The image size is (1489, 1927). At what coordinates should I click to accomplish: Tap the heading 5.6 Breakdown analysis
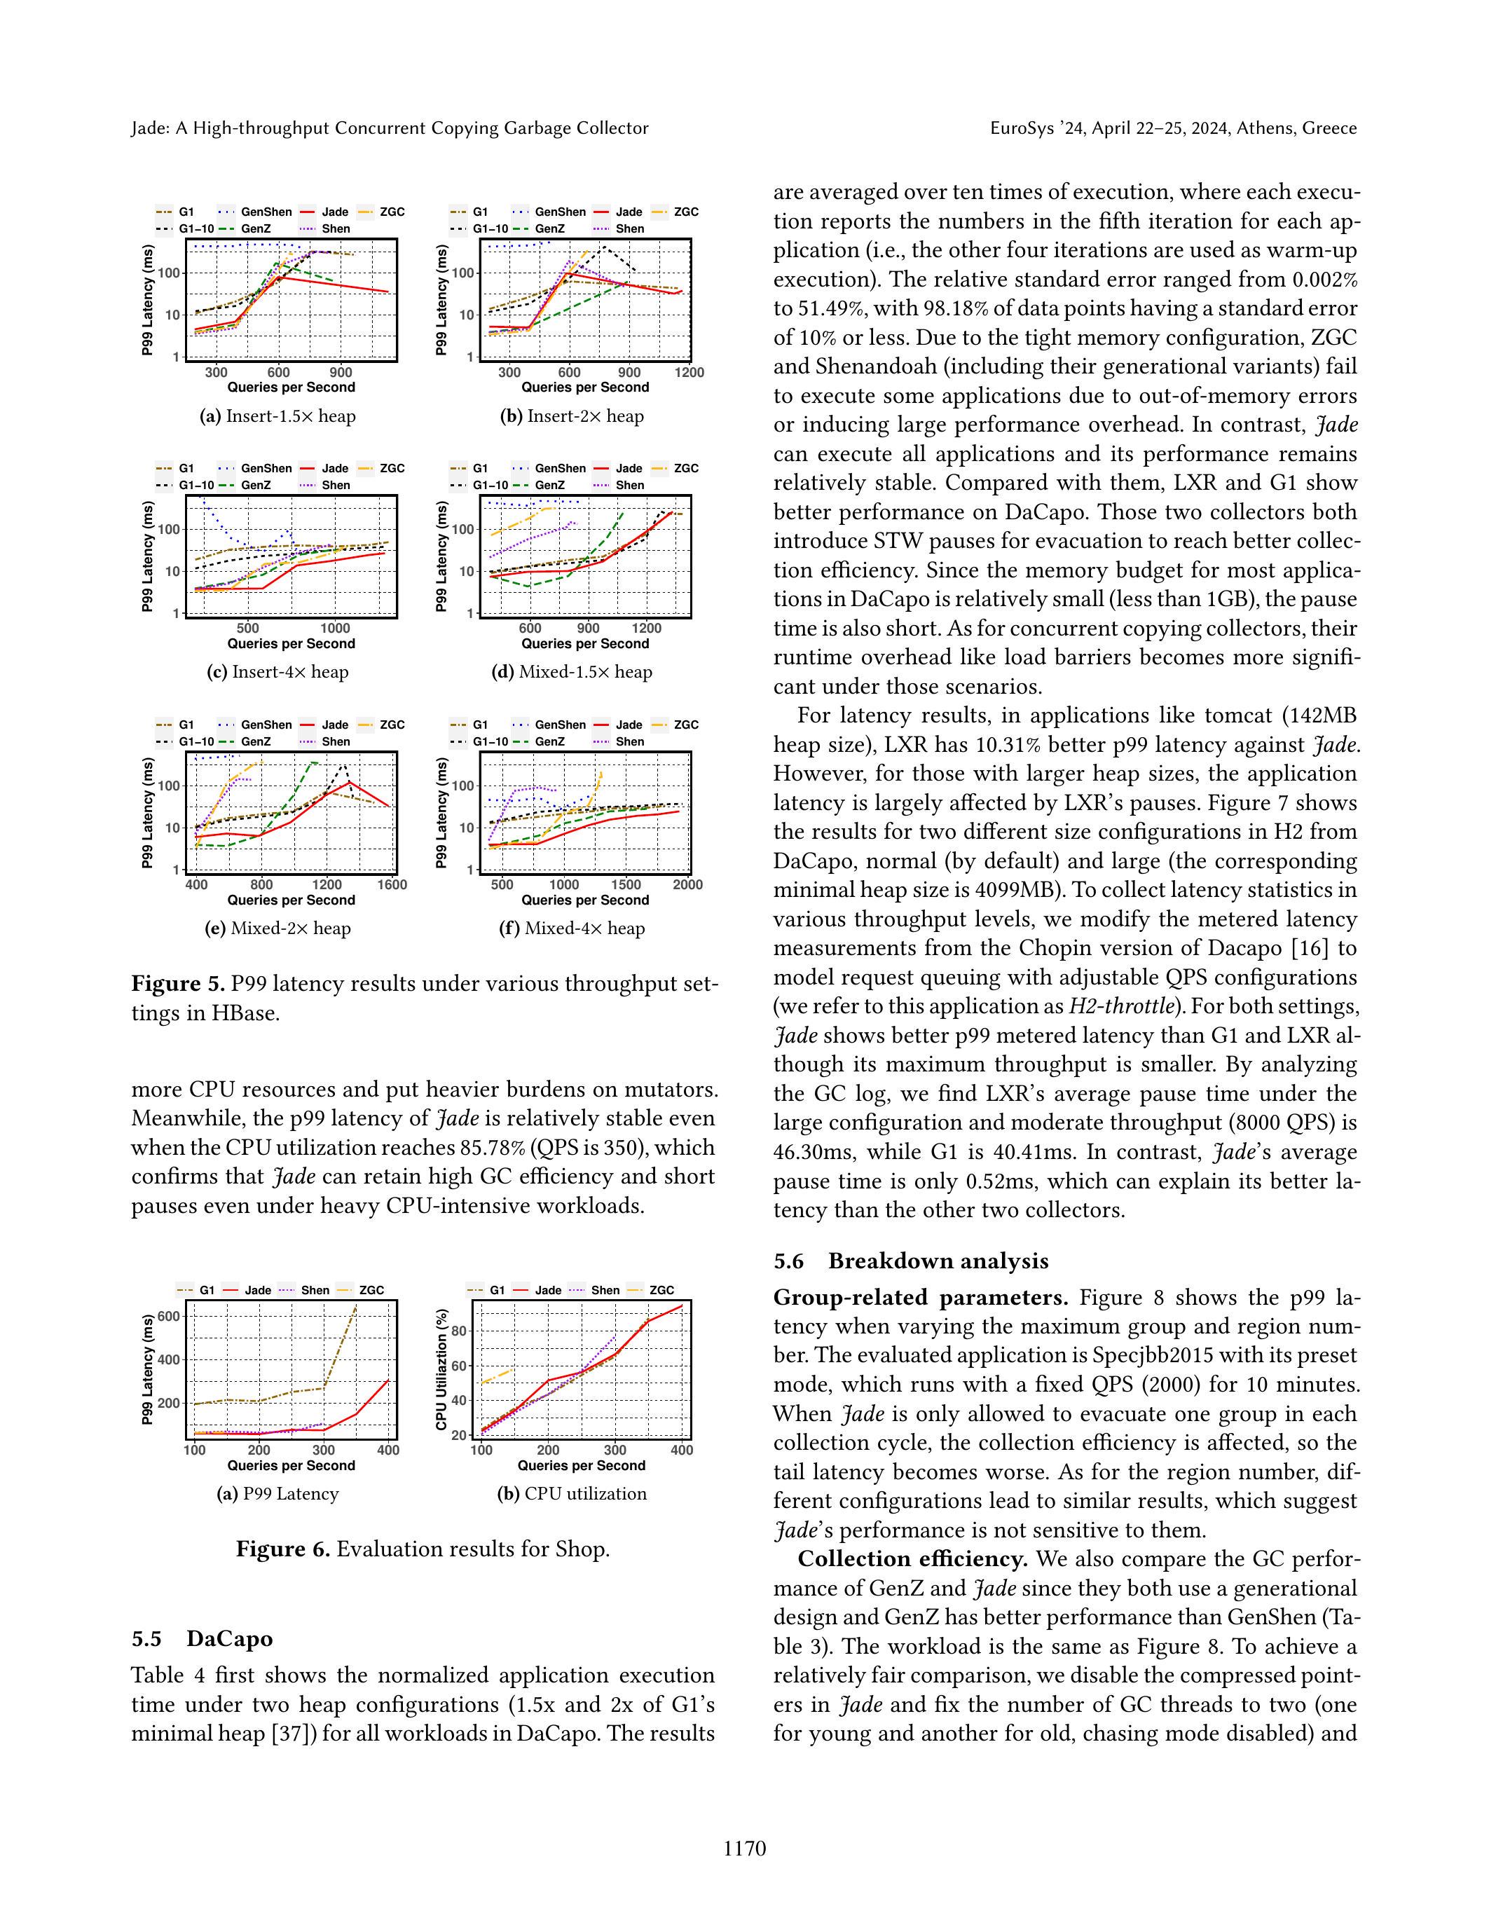[x=911, y=1261]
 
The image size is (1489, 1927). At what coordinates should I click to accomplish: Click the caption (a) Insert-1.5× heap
[x=278, y=416]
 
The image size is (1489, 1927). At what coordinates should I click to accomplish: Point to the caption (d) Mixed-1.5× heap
[x=572, y=671]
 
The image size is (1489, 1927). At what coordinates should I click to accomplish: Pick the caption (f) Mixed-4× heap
[x=572, y=928]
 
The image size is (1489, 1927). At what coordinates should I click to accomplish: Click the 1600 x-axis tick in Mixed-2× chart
[x=392, y=884]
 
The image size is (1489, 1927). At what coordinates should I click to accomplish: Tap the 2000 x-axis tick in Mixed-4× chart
[x=687, y=884]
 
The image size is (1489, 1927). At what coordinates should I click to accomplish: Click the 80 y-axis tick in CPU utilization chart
[x=460, y=1331]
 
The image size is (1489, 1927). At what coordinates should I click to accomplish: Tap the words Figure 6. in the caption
[x=282, y=1549]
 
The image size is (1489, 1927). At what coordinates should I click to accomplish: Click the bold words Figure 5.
[x=178, y=984]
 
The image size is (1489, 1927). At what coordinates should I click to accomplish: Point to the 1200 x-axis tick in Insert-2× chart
[x=688, y=372]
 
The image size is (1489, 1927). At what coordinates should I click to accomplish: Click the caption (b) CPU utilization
[x=572, y=1494]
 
